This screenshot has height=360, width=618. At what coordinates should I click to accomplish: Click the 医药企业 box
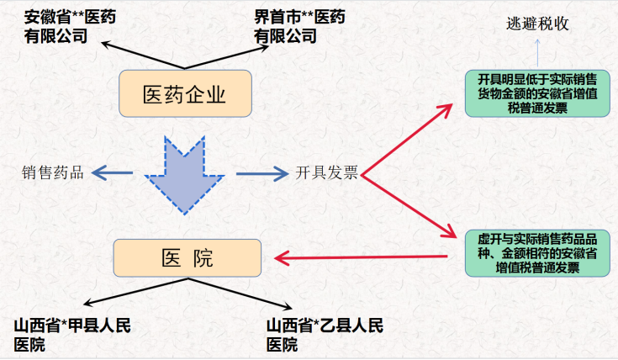click(185, 94)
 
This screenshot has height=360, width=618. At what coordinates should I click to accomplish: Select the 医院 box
click(186, 258)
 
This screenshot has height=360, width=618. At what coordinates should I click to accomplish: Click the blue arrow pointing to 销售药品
click(113, 173)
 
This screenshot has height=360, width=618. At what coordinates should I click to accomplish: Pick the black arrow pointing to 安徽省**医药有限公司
click(139, 54)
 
